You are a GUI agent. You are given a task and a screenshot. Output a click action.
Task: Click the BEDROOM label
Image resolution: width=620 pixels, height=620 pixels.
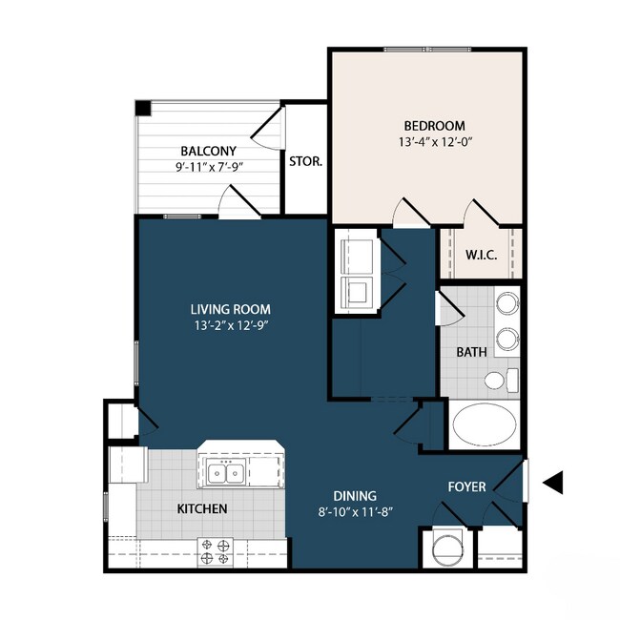pyautogui.click(x=434, y=126)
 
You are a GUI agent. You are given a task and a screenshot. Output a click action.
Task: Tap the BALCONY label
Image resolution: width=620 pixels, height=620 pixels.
pyautogui.click(x=208, y=151)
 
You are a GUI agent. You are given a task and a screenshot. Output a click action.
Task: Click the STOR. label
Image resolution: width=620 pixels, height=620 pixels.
pyautogui.click(x=305, y=161)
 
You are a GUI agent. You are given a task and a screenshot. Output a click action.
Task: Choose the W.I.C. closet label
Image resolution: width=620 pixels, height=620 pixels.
pyautogui.click(x=479, y=255)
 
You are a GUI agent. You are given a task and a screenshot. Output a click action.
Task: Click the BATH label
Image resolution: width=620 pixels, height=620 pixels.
pyautogui.click(x=471, y=351)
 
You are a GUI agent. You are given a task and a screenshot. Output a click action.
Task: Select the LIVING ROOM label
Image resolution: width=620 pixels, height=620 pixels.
pyautogui.click(x=230, y=309)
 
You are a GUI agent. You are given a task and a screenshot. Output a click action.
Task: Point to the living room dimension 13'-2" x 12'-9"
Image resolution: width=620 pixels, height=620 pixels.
pyautogui.click(x=230, y=325)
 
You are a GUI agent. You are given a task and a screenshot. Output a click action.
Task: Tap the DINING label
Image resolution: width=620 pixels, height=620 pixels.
pyautogui.click(x=355, y=496)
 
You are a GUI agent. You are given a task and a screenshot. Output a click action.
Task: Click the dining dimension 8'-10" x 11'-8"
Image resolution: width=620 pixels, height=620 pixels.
pyautogui.click(x=355, y=512)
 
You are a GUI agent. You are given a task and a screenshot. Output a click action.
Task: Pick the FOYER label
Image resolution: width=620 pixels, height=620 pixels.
pyautogui.click(x=467, y=487)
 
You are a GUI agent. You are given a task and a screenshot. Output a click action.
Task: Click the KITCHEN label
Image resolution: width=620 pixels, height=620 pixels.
pyautogui.click(x=202, y=509)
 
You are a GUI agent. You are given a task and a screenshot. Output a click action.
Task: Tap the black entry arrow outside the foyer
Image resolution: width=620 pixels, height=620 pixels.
pyautogui.click(x=552, y=484)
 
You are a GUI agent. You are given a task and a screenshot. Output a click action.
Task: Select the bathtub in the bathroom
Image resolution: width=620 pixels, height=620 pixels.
pyautogui.click(x=485, y=426)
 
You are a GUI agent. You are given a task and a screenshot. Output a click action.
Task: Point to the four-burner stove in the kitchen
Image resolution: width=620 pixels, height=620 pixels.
pyautogui.click(x=216, y=550)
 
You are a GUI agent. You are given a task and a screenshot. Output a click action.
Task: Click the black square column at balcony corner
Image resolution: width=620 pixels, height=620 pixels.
pyautogui.click(x=142, y=108)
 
